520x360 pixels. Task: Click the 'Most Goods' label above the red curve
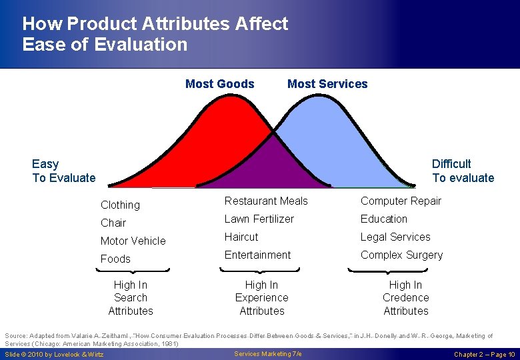(219, 84)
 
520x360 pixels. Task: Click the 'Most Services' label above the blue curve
(327, 84)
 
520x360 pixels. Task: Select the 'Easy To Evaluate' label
(63, 171)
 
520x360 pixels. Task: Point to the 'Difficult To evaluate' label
(463, 171)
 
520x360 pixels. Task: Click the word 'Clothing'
(120, 205)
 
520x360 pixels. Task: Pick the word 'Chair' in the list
(113, 223)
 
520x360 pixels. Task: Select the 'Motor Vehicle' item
(133, 241)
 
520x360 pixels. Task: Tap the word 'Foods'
(115, 259)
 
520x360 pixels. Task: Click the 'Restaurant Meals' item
(266, 201)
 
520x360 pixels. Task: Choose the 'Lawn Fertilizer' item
(259, 219)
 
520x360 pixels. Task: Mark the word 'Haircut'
(241, 237)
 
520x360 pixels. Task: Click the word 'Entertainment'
(257, 255)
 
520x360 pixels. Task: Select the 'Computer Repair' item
(401, 201)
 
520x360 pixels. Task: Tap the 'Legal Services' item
(395, 237)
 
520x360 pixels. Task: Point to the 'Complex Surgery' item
(401, 255)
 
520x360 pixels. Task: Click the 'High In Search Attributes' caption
(131, 297)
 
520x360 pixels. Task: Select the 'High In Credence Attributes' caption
(405, 297)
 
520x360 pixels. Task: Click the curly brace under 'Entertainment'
(261, 270)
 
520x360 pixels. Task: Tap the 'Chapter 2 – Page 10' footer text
(484, 354)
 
